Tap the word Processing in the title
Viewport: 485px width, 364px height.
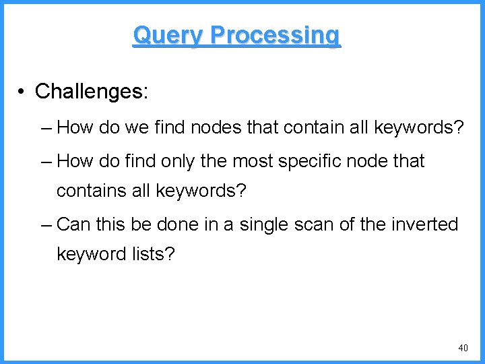point(276,34)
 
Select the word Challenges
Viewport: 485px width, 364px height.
point(91,91)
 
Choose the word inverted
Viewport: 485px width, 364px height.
point(425,224)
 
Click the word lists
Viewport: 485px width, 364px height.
point(154,254)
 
